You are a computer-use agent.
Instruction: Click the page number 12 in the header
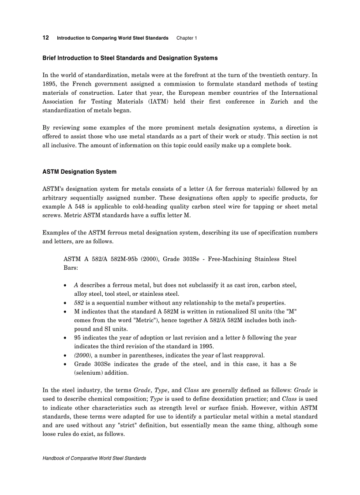tap(45, 38)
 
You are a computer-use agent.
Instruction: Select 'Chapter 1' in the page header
tap(187, 38)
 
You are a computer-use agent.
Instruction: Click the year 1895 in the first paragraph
tap(49, 84)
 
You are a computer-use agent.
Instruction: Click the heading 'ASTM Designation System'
tap(79, 171)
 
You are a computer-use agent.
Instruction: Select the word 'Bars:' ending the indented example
tap(71, 268)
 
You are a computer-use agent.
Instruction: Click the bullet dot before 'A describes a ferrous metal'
tap(66, 286)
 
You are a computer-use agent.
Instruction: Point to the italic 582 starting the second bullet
tap(79, 303)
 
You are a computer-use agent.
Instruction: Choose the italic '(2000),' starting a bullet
tap(83, 355)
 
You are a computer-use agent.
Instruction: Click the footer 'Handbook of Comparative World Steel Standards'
tap(94, 458)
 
